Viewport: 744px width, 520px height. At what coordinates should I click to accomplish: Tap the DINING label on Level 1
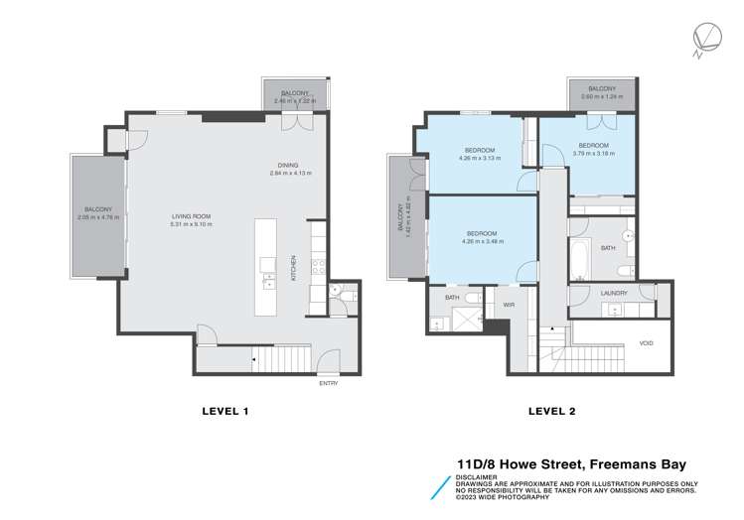[290, 166]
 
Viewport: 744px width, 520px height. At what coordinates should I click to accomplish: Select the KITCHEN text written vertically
[294, 267]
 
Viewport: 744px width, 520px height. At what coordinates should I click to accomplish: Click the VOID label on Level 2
[647, 342]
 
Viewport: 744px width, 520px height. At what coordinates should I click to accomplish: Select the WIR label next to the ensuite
[508, 305]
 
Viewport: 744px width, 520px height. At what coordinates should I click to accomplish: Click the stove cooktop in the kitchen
[317, 266]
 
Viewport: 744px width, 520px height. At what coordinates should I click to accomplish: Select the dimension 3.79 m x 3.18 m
[600, 153]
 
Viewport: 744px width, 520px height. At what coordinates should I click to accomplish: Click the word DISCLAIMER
[478, 472]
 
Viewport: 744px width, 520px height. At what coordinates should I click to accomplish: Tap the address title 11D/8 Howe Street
[536, 461]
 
